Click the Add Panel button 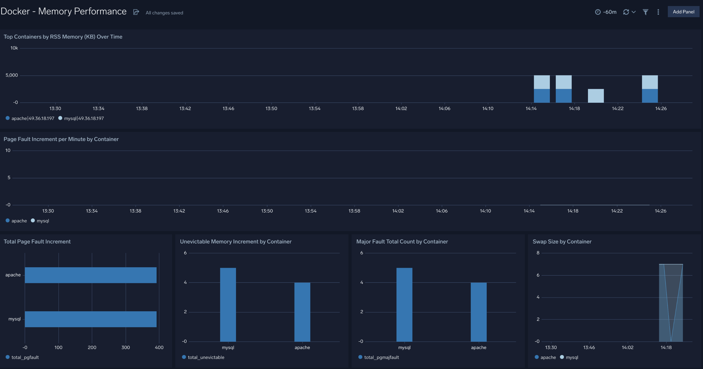(x=683, y=12)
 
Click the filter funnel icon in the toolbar (x=645, y=12)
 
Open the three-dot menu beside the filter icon (x=658, y=12)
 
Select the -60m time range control (x=606, y=12)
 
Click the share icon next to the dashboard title (x=136, y=12)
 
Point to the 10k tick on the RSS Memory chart (x=14, y=48)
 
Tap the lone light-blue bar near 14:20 (x=596, y=96)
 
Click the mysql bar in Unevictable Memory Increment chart (x=228, y=304)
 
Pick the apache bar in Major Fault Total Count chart (x=478, y=312)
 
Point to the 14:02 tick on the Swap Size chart (x=627, y=347)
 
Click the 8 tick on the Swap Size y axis (x=538, y=253)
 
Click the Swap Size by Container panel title (x=562, y=242)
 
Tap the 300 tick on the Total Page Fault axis (x=126, y=347)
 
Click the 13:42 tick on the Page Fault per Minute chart (x=179, y=211)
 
